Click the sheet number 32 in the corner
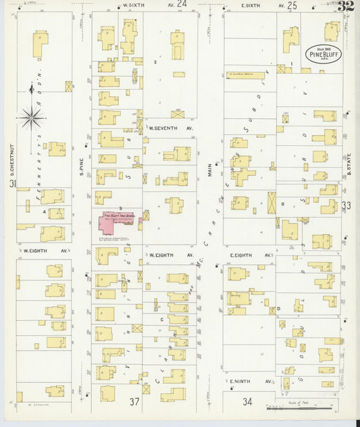point(346,7)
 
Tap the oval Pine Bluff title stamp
point(324,53)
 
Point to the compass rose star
point(31,118)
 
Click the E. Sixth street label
point(253,5)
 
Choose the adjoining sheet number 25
point(292,5)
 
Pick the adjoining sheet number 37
point(134,402)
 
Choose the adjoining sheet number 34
point(247,401)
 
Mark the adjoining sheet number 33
point(346,205)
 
